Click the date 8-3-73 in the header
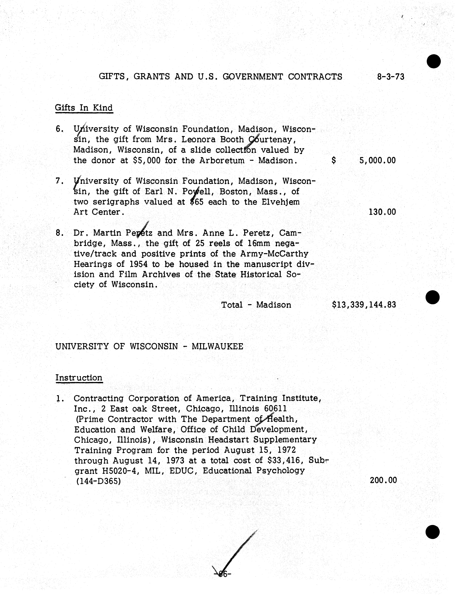pos(390,77)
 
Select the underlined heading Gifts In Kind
pos(84,108)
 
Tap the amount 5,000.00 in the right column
pos(377,161)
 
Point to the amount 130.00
pos(382,212)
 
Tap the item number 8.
pos(59,233)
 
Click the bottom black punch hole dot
pos(432,532)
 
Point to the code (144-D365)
pos(98,481)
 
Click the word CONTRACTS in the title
pos(315,77)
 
